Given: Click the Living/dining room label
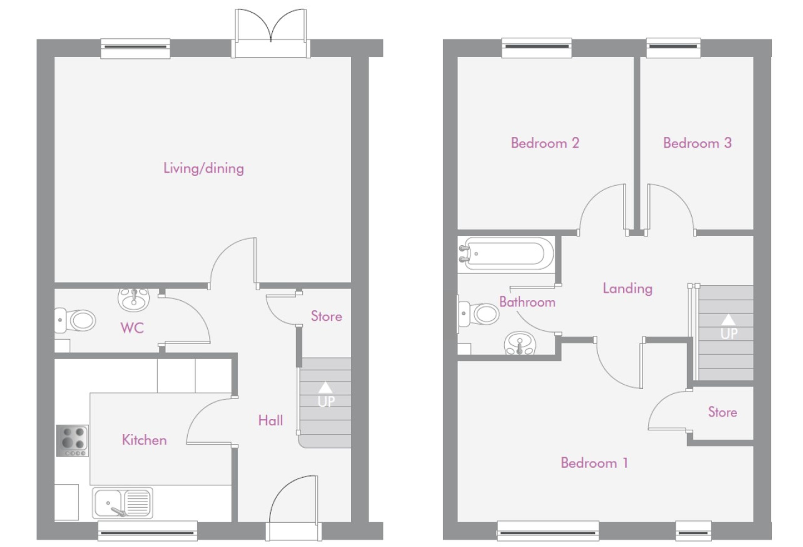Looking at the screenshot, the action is [203, 168].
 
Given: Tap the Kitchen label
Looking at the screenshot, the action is [144, 440].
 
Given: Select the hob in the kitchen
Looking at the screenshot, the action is [72, 441].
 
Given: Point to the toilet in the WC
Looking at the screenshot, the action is [75, 320].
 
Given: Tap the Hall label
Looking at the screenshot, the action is [270, 421].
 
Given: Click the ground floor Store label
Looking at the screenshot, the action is [326, 316].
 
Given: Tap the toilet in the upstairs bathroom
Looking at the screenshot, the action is [478, 314].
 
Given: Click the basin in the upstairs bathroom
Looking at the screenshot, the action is [520, 343].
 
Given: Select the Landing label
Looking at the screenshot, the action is [627, 289].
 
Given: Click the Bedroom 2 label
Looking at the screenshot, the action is [545, 143].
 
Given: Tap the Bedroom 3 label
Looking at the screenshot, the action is [697, 143].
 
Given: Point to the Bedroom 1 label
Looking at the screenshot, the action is [594, 463].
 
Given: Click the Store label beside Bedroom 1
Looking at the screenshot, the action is [722, 412].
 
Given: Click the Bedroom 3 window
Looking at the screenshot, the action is [673, 48].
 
